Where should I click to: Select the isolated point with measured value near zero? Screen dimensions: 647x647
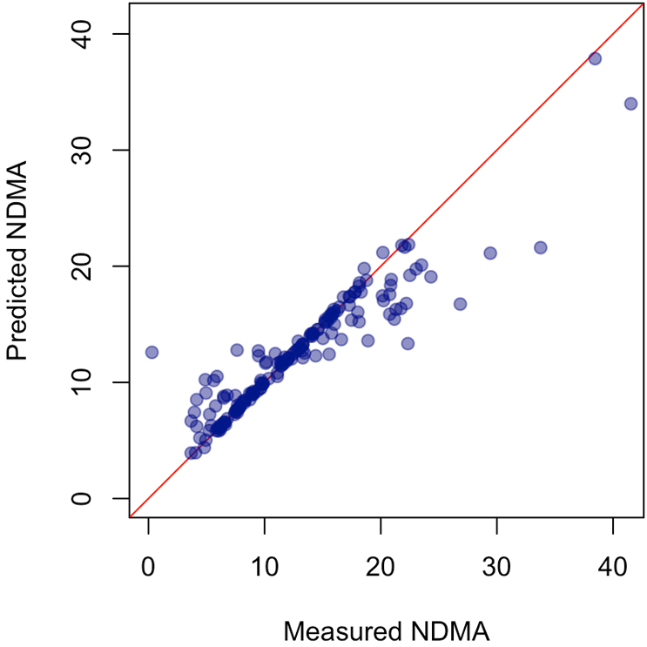coord(152,352)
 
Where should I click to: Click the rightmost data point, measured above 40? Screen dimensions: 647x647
coord(630,104)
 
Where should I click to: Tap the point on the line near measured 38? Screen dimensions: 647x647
coord(595,58)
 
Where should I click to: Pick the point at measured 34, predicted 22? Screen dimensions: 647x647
coord(540,247)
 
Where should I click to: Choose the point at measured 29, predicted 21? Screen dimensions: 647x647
coord(490,253)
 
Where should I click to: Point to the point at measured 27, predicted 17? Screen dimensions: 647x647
coord(460,304)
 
